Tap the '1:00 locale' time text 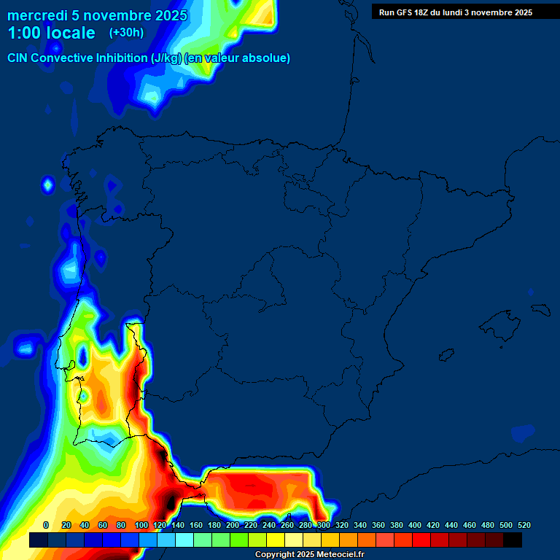pyautogui.click(x=51, y=34)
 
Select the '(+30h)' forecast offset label pyautogui.click(x=126, y=33)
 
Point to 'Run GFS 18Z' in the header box pyautogui.click(x=404, y=12)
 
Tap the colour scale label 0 pyautogui.click(x=46, y=525)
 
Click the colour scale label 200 pyautogui.click(x=233, y=525)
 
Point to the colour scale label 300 pyautogui.click(x=324, y=525)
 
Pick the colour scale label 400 pyautogui.click(x=415, y=525)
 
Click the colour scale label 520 pyautogui.click(x=524, y=525)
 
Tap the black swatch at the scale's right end pyautogui.click(x=513, y=540)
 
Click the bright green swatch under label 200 pyautogui.click(x=239, y=540)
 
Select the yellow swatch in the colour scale pyautogui.click(x=276, y=540)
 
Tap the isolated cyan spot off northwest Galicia pyautogui.click(x=48, y=185)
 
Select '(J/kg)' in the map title pyautogui.click(x=167, y=58)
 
